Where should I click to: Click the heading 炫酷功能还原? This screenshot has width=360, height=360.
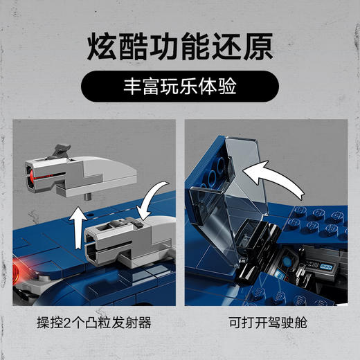pyautogui.click(x=180, y=48)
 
